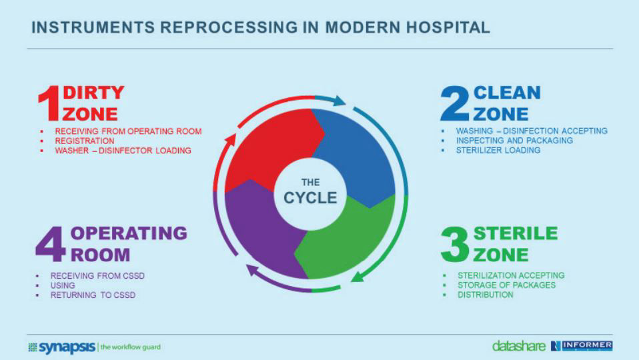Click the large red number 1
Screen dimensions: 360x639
tap(48, 103)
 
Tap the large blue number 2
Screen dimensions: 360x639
tap(456, 103)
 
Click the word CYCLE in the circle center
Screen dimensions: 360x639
tap(310, 198)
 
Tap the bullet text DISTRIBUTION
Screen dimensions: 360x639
tap(485, 295)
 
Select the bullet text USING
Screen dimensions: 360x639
tap(63, 285)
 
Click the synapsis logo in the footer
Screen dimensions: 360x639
tap(64, 347)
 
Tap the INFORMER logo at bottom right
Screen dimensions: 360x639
tap(585, 345)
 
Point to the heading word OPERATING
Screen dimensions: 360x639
tap(129, 233)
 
